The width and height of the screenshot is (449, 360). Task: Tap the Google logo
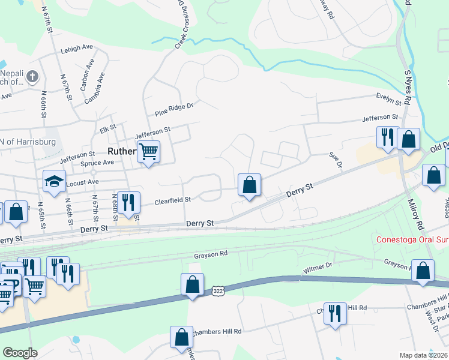pos(20,353)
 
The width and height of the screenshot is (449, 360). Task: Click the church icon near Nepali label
pos(32,77)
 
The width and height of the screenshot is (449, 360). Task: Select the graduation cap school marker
pos(54,182)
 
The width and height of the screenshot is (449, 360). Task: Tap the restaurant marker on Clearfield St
pos(128,203)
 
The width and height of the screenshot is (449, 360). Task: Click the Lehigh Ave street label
pos(76,49)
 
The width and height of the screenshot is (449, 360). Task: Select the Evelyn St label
pos(388,97)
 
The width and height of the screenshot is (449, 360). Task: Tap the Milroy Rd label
pos(415,217)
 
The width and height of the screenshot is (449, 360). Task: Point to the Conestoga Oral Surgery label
pos(412,239)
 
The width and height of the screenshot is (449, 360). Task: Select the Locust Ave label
pos(85,181)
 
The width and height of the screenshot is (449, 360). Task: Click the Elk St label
pos(107,129)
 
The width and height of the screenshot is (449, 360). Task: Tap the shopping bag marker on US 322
pos(192,285)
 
